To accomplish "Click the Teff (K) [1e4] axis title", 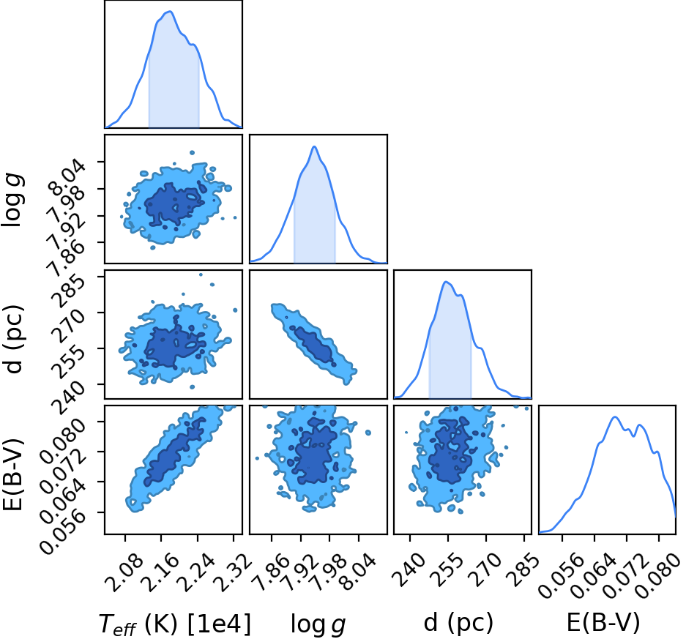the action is (175, 624).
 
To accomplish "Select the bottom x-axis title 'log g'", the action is (318, 624).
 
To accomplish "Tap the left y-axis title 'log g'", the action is (12, 199).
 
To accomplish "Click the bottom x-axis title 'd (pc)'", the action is (458, 622).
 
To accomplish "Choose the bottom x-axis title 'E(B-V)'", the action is (603, 622).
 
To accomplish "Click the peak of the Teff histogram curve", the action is (170, 12).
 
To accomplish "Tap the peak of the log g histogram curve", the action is (314, 146).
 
